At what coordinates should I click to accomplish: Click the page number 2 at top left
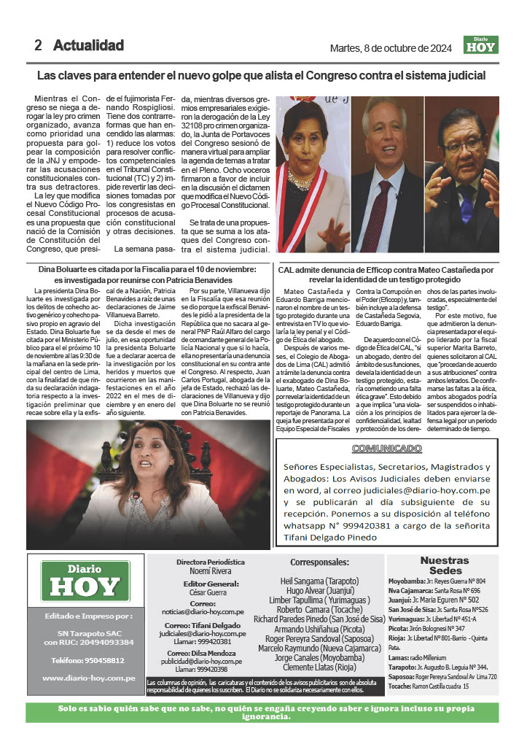38,45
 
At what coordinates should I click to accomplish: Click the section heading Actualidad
88,45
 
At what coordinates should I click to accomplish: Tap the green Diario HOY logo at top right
481,44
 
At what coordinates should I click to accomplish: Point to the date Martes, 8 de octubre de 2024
391,48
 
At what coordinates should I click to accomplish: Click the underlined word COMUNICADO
387,448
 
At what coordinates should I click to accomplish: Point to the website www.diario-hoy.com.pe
89,678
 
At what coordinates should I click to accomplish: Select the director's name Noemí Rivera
210,572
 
